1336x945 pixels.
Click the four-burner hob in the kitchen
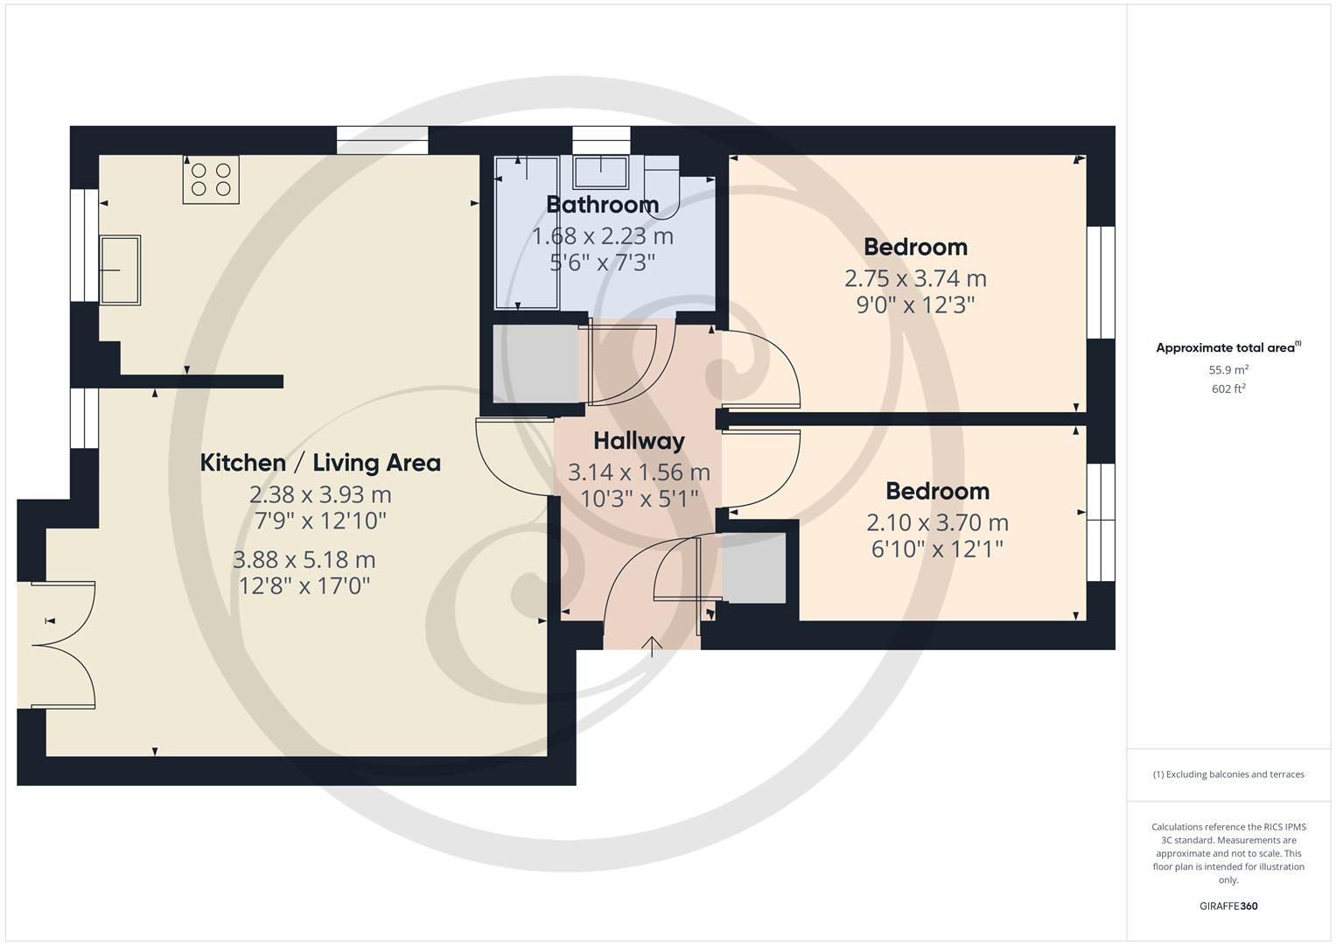(x=211, y=179)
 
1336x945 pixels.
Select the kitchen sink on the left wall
(x=120, y=269)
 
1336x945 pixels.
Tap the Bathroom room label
(x=602, y=205)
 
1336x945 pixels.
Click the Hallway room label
(x=639, y=441)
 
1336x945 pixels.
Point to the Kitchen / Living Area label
(x=320, y=463)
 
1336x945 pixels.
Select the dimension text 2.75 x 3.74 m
(x=915, y=278)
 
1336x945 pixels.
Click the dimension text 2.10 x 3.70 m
(x=937, y=522)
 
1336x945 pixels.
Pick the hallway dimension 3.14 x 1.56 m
(x=639, y=472)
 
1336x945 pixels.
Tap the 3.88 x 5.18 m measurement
(x=304, y=559)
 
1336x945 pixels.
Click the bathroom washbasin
(x=601, y=171)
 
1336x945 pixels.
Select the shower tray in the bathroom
(x=527, y=233)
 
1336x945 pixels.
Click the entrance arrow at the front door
(x=653, y=646)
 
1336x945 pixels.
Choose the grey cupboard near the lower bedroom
(x=753, y=568)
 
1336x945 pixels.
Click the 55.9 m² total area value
(x=1228, y=369)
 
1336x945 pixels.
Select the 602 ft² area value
(x=1228, y=388)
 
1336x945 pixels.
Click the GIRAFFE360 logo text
(x=1228, y=906)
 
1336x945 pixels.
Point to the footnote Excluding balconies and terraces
(x=1228, y=774)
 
